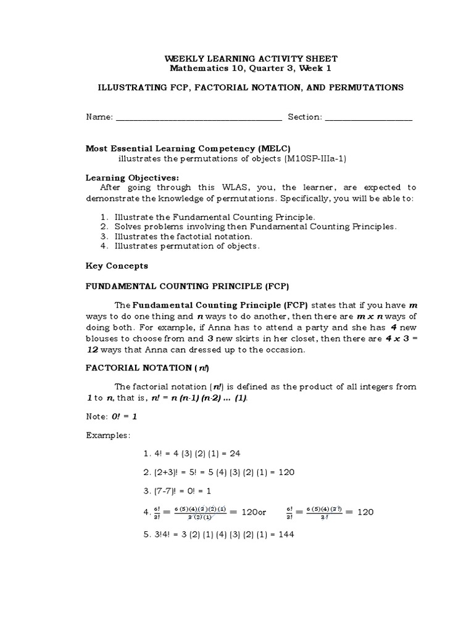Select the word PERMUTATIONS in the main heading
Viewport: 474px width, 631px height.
click(x=369, y=88)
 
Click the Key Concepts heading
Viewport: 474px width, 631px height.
click(x=116, y=266)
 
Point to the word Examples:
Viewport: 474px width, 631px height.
click(x=108, y=435)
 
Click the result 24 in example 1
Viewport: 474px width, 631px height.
click(x=234, y=454)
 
